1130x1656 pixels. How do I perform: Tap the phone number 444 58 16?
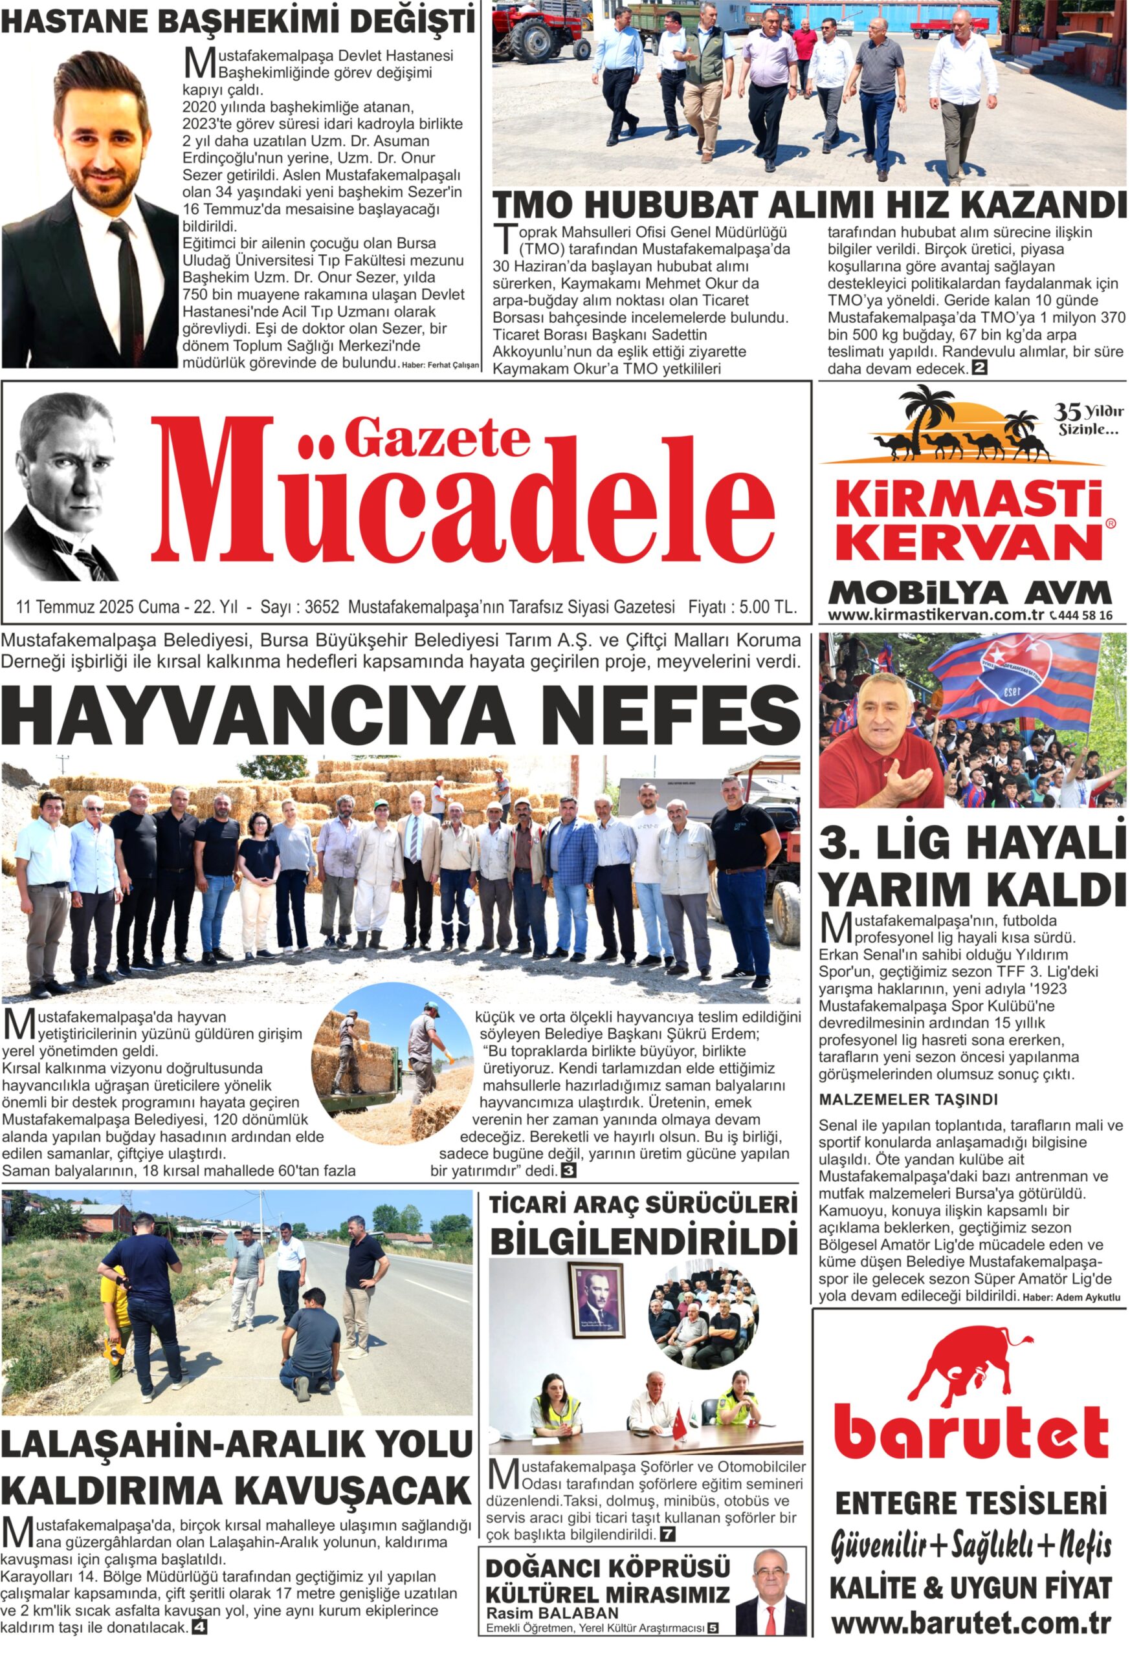pyautogui.click(x=1086, y=615)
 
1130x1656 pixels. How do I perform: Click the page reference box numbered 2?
pyautogui.click(x=980, y=369)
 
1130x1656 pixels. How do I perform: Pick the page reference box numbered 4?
pyautogui.click(x=199, y=1628)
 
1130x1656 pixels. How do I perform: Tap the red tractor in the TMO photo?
pyautogui.click(x=542, y=32)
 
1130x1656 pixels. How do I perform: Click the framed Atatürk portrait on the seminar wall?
pyautogui.click(x=596, y=1300)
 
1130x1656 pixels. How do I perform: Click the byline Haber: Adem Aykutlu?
pyautogui.click(x=1072, y=1298)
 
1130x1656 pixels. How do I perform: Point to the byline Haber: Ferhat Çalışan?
pyautogui.click(x=441, y=365)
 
